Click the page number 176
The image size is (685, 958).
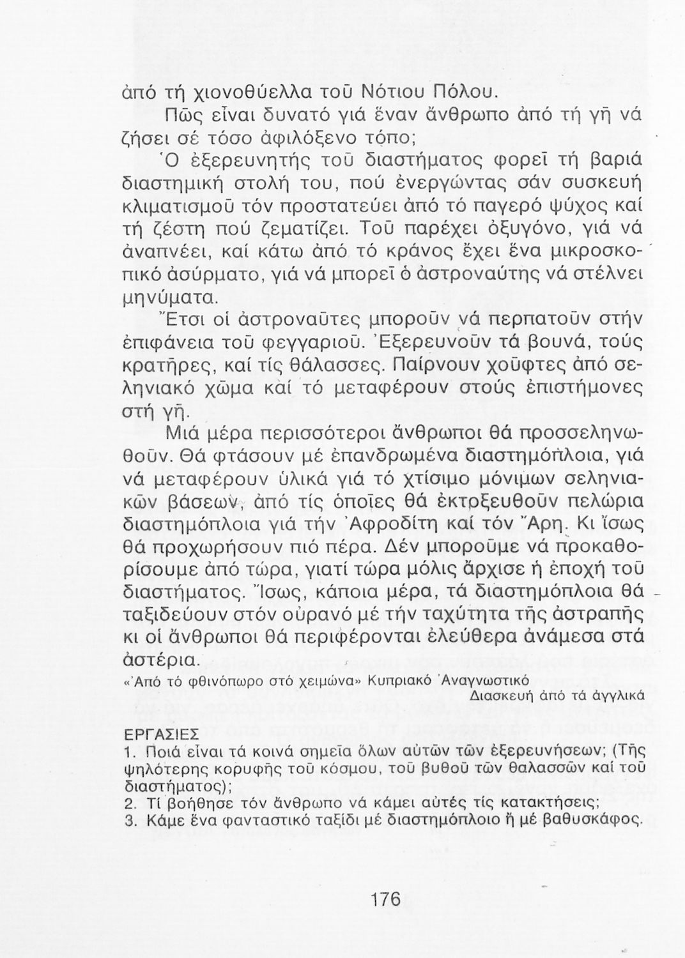[x=385, y=900]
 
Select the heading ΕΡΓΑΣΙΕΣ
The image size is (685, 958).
[x=160, y=732]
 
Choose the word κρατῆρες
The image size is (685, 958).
[x=159, y=365]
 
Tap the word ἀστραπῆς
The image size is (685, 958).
[x=589, y=615]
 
